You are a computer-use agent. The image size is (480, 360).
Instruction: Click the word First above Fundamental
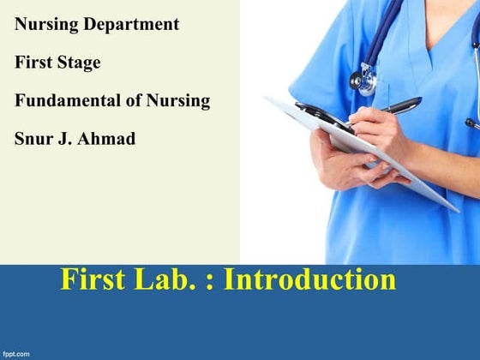[33, 63]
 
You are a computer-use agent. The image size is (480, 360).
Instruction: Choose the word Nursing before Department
[47, 25]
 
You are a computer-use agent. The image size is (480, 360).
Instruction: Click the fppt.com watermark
[16, 352]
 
